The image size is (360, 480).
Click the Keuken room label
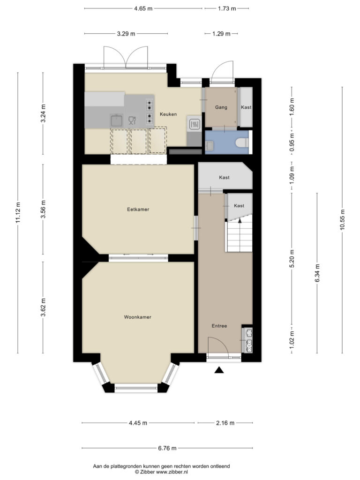click(168, 114)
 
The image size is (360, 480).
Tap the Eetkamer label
click(138, 210)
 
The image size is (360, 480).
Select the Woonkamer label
click(137, 317)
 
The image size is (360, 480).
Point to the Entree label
click(219, 326)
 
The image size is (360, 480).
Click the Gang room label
click(221, 107)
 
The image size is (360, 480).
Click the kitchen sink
click(117, 120)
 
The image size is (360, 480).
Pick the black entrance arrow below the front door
click(219, 370)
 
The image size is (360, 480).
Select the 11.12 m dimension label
click(18, 213)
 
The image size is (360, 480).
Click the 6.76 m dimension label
click(167, 448)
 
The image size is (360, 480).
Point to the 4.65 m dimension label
click(143, 8)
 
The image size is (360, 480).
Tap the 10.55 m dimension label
click(342, 219)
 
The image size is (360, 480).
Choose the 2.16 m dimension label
click(225, 423)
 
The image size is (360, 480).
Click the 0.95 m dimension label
click(292, 142)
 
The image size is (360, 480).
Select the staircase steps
click(239, 236)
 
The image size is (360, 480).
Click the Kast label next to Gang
click(246, 107)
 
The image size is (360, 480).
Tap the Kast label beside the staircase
click(239, 206)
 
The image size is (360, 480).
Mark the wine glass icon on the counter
click(132, 120)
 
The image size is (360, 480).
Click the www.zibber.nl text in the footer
click(172, 472)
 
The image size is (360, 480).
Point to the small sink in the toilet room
click(210, 146)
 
